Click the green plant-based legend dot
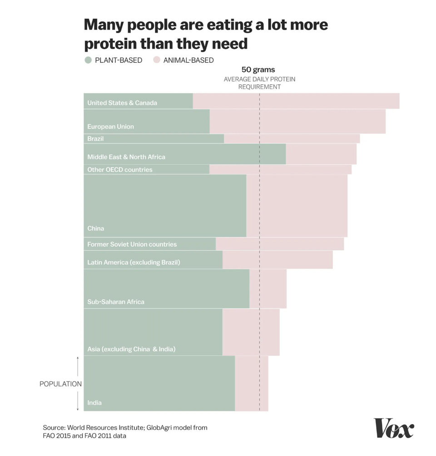click(88, 60)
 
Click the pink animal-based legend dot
click(157, 60)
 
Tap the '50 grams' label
click(258, 70)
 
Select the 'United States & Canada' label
click(122, 103)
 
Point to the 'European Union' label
click(110, 126)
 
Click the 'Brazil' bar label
click(95, 139)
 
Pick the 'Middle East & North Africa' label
click(126, 157)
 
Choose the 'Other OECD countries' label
click(120, 169)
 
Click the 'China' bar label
click(95, 228)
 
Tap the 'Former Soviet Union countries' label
click(132, 244)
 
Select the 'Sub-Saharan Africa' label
click(116, 302)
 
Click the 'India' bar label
click(94, 402)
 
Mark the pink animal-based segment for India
click(252, 383)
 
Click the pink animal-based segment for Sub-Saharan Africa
click(268, 288)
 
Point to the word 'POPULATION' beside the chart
click(60, 384)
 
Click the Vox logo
click(394, 428)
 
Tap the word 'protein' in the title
click(109, 44)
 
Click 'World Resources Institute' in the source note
click(106, 427)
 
